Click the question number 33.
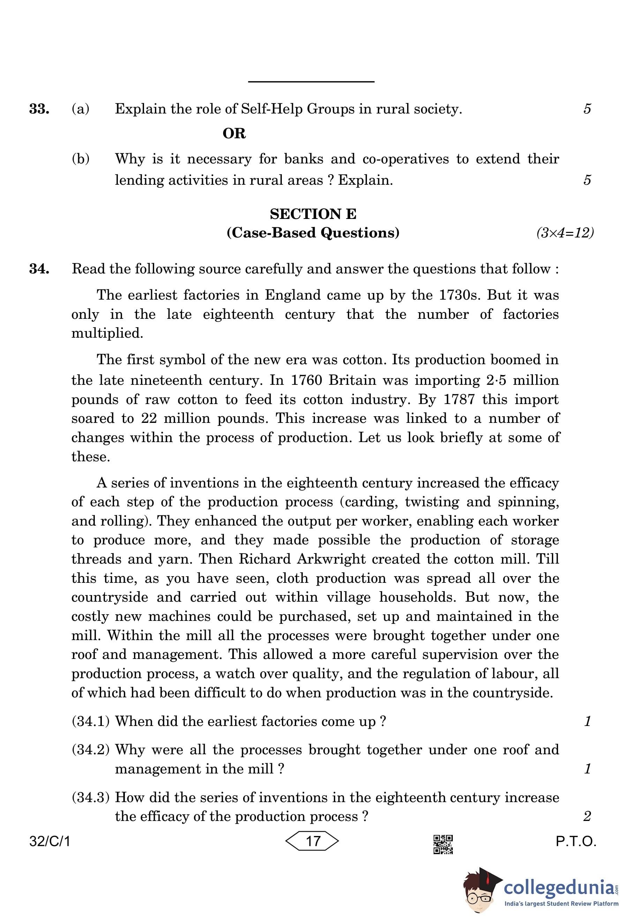pos(39,109)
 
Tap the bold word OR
pos(234,133)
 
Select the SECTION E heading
pos(313,214)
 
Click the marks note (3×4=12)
pos(565,233)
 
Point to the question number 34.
pos(39,269)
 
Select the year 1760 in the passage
pos(306,380)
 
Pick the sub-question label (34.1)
pos(91,721)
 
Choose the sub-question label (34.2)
pos(91,750)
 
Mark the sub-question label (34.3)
pos(91,798)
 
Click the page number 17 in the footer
pos(313,841)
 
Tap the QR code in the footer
pos(443,844)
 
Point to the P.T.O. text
pos(576,841)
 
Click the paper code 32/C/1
pos(50,841)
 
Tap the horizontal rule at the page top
pos(311,82)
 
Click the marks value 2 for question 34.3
pos(587,816)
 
